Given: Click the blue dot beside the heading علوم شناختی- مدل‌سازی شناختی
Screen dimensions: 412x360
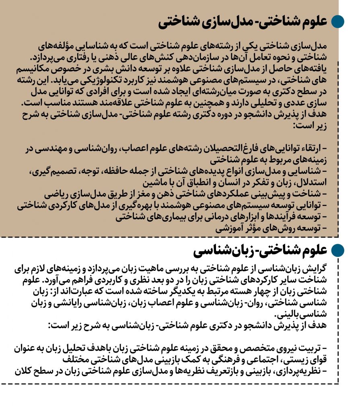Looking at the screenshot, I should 337,22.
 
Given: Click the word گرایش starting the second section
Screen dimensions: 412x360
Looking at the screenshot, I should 317,268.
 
